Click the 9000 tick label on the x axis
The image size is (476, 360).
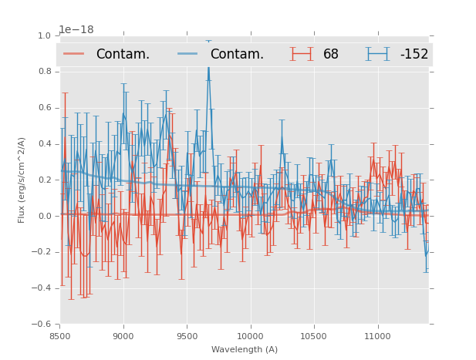coord(123,336)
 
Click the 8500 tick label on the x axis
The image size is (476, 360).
coord(60,336)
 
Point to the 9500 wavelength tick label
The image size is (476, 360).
coord(187,336)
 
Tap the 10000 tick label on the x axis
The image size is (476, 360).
coord(250,336)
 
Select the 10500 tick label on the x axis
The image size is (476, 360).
coord(313,336)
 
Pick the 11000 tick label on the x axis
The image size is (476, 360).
coord(377,336)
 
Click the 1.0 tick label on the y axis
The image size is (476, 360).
coord(45,35)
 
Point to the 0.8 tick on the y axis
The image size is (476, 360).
coord(45,72)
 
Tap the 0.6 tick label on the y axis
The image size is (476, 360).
coord(45,108)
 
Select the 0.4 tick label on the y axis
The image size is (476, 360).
coord(45,144)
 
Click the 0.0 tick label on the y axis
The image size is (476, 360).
coord(45,216)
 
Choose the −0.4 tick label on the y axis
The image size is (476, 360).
coord(42,288)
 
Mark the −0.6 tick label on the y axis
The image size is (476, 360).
coord(42,325)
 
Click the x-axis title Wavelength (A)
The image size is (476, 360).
coord(245,349)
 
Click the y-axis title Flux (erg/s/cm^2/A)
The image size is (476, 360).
coord(22,180)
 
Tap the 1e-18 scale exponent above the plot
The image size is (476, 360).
coord(77,29)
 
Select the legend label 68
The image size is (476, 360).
coord(331,54)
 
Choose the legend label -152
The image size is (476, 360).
coord(414,54)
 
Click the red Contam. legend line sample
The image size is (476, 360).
coord(75,54)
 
